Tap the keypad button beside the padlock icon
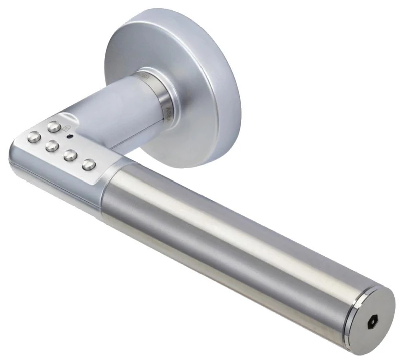pyautogui.click(x=54, y=127)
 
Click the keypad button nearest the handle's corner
pyautogui.click(x=34, y=137)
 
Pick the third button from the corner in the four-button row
pyautogui.click(x=70, y=155)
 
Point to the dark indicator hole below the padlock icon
pyautogui.click(x=69, y=137)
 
